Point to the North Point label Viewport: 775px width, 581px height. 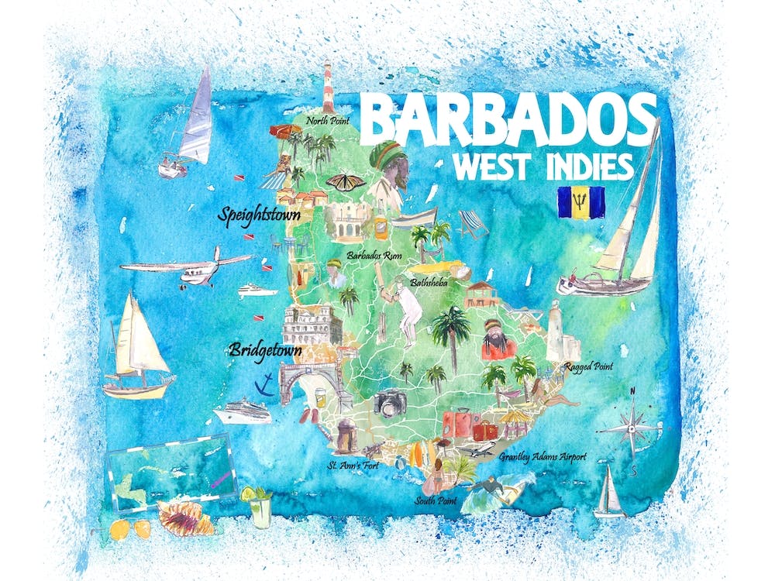[x=327, y=121]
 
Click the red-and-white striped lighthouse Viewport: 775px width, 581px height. [x=327, y=88]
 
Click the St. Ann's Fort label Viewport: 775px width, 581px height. [x=352, y=466]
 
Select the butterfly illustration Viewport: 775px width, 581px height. [x=345, y=183]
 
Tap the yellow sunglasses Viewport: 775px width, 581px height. [x=129, y=529]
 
